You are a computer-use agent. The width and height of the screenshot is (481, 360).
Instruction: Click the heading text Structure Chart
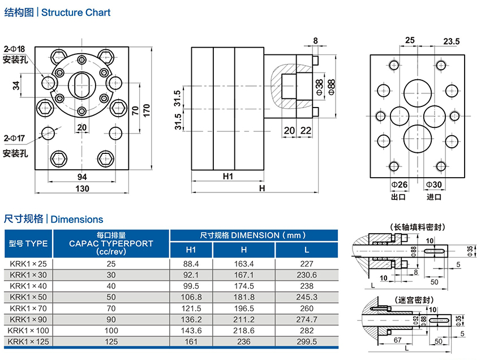[x=76, y=12]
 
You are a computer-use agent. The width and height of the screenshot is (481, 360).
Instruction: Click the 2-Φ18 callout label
[x=15, y=49]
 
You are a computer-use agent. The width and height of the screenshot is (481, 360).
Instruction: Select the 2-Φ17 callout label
[x=15, y=138]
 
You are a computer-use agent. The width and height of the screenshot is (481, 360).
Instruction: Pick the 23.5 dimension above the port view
[x=452, y=41]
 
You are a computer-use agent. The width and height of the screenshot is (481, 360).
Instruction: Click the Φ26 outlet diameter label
[x=399, y=185]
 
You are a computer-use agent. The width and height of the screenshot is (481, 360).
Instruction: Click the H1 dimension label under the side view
[x=228, y=177]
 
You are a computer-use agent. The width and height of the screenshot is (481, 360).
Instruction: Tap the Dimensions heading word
[x=77, y=219]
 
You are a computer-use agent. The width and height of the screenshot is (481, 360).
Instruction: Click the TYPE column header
[x=29, y=244]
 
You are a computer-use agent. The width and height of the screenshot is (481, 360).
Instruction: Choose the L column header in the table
[x=306, y=250]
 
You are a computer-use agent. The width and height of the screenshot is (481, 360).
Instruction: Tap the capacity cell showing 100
[x=111, y=330]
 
